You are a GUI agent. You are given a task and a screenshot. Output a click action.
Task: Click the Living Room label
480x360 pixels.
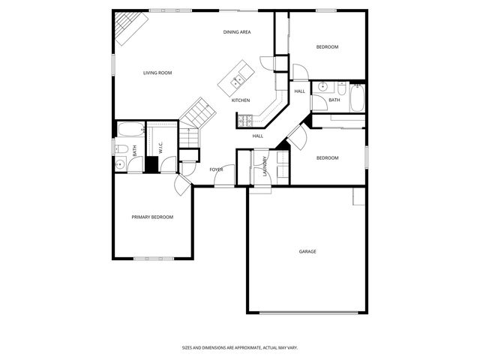(x=158, y=73)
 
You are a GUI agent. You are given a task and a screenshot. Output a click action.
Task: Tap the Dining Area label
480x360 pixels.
(x=237, y=32)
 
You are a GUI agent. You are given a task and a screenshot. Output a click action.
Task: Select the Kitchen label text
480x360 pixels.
(x=240, y=100)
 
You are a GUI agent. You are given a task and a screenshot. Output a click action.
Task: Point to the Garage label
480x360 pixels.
(x=307, y=251)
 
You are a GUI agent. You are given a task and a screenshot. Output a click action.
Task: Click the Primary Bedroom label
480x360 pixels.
(x=152, y=217)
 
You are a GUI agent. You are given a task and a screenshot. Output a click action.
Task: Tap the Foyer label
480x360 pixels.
(x=217, y=169)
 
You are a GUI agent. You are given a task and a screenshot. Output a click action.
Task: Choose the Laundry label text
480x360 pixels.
(x=265, y=168)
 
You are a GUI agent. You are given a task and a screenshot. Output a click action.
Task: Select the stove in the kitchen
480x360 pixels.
(x=244, y=118)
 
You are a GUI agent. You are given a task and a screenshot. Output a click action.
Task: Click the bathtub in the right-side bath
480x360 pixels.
(x=355, y=97)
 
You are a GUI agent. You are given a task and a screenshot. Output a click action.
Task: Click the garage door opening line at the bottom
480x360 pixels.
(x=307, y=312)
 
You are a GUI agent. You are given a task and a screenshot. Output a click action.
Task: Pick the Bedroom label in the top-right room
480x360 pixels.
(x=327, y=47)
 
